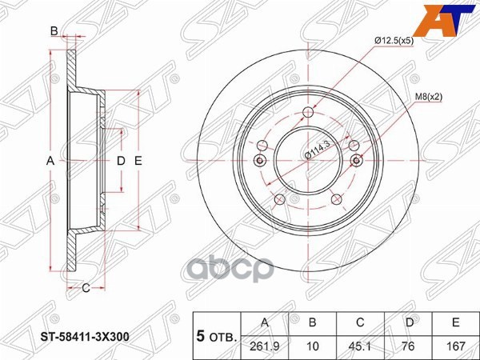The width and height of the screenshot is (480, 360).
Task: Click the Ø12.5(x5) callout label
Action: [x=394, y=41]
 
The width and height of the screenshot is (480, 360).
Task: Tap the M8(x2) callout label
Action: [x=429, y=97]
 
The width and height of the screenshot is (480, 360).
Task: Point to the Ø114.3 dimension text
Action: [x=318, y=149]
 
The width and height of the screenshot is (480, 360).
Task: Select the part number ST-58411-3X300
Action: [x=85, y=337]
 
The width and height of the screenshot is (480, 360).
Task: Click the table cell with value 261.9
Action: [x=265, y=346]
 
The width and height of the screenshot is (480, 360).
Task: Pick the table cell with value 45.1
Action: [x=360, y=346]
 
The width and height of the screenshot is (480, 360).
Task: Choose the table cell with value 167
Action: [x=455, y=346]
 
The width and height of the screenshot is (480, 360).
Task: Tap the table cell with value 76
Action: [x=408, y=346]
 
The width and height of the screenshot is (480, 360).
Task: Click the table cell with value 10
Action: [x=312, y=346]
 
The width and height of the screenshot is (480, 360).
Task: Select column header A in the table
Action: [x=265, y=322]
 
